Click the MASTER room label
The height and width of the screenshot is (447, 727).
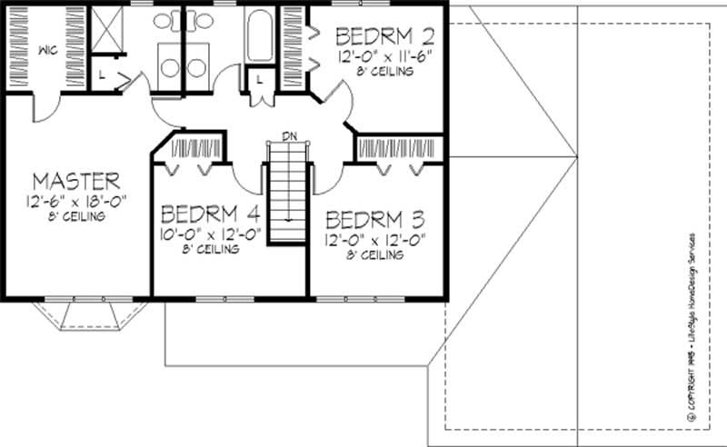75,179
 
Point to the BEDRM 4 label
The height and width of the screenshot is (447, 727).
211,214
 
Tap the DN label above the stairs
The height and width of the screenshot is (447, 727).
289,136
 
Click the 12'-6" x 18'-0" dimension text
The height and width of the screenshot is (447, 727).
75,200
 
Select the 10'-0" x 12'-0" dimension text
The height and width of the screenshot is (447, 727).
211,233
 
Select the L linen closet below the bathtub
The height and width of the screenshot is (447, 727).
259,81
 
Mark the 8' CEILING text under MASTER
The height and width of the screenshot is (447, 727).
75,217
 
